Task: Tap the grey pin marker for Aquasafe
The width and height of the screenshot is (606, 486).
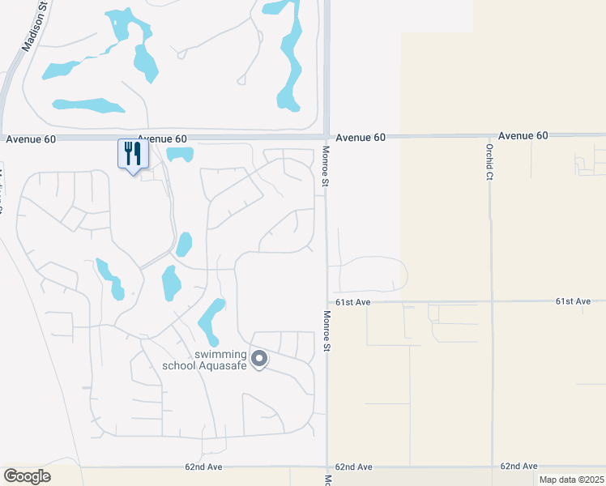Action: [x=259, y=358]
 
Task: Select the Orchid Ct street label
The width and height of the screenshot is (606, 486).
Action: [x=489, y=161]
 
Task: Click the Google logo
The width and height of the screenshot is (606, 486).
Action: [x=27, y=475]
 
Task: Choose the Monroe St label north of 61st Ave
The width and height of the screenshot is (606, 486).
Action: [x=325, y=168]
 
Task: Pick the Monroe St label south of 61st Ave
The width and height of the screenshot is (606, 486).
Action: [x=327, y=331]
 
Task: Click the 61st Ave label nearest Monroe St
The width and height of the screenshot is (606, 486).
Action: [x=353, y=302]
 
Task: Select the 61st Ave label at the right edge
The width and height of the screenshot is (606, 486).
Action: [x=573, y=301]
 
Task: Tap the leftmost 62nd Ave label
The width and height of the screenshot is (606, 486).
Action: [x=203, y=467]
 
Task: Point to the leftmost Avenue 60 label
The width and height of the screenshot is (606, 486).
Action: [x=31, y=139]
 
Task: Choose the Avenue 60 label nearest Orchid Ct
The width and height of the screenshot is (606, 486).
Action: [x=523, y=136]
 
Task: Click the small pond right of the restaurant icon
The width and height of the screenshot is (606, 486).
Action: [x=180, y=154]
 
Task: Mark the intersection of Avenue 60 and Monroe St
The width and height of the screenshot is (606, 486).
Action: [x=326, y=137]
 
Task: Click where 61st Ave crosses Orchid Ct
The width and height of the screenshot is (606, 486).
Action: [x=492, y=301]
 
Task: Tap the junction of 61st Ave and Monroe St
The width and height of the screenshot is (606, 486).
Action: [x=327, y=302]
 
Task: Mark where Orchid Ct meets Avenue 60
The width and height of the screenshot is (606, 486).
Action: [x=490, y=136]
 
